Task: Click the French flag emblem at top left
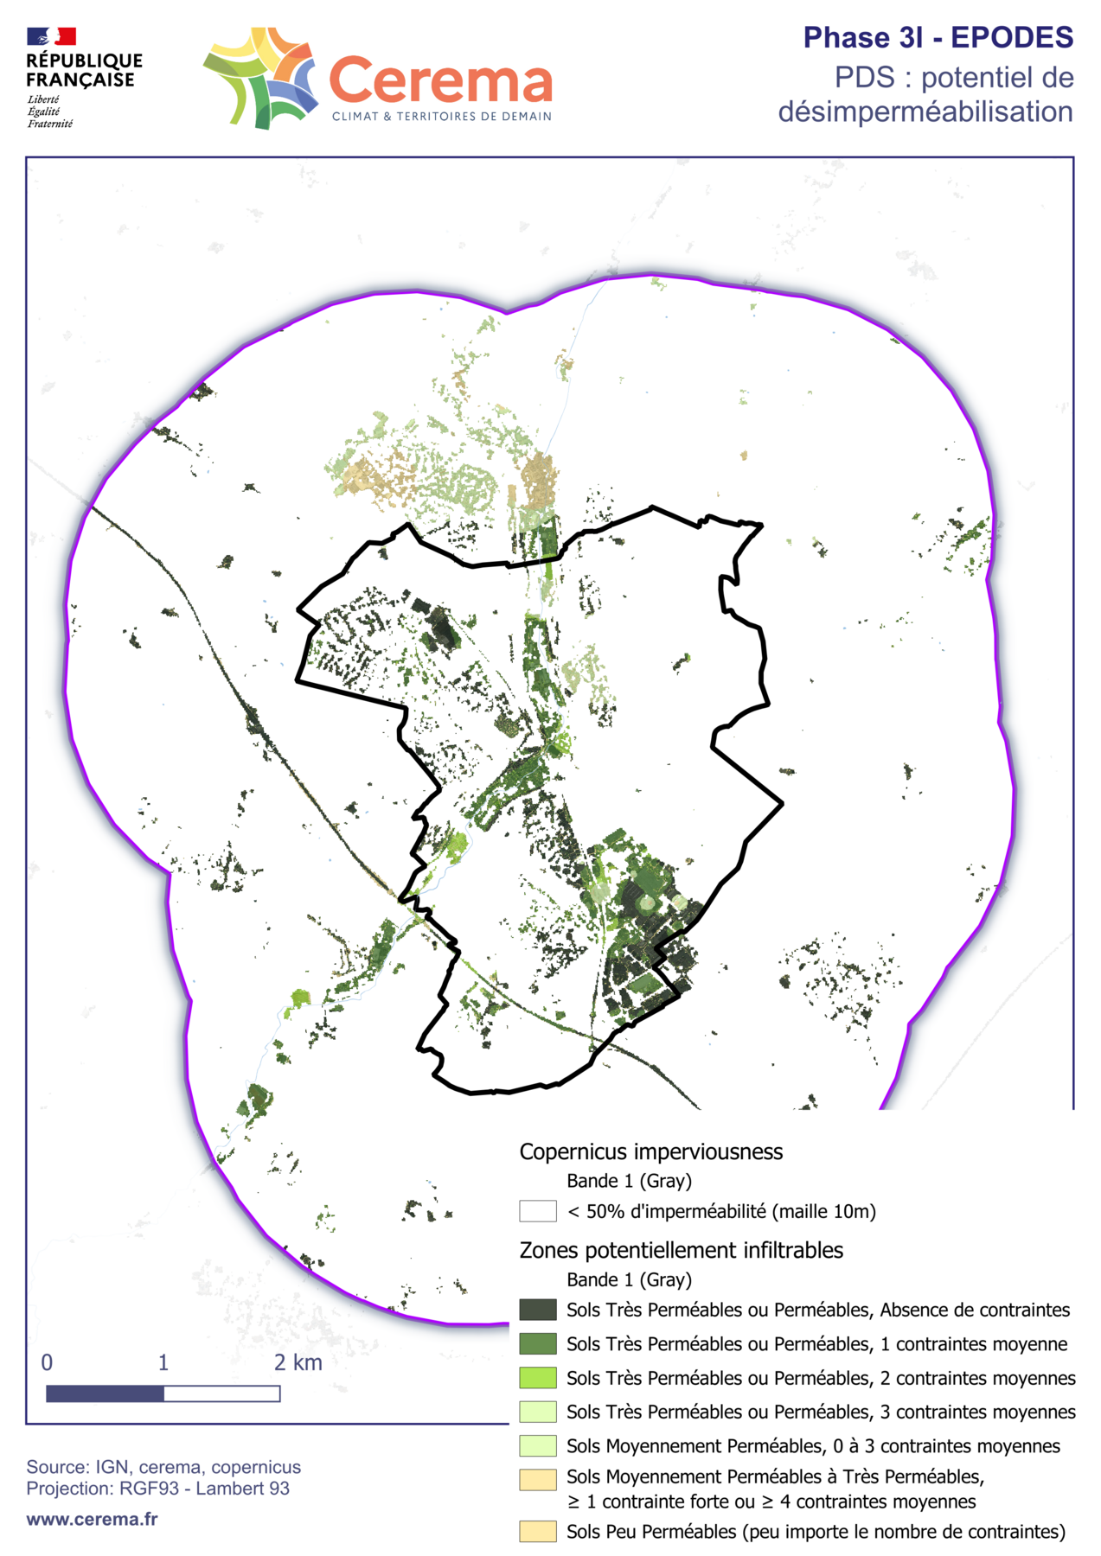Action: (51, 36)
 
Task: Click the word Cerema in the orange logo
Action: (440, 81)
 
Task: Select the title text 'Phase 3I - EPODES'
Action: (938, 38)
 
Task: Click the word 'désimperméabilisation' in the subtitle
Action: (925, 112)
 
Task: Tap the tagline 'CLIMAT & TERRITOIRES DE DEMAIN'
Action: (441, 117)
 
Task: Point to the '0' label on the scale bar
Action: (47, 1362)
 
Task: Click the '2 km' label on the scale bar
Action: (298, 1362)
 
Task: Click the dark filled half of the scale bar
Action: (105, 1393)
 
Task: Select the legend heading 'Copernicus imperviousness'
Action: (650, 1151)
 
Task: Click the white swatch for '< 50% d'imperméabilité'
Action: (537, 1211)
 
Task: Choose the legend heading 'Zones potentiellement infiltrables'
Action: (681, 1250)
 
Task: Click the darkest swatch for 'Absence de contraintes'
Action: (537, 1310)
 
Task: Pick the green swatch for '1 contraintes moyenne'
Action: (537, 1343)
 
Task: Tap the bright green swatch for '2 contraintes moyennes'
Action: (537, 1377)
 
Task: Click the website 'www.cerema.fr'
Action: (92, 1519)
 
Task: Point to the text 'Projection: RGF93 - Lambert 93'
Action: (157, 1488)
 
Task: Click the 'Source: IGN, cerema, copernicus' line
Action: (163, 1467)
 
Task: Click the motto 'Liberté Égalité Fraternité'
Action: (49, 112)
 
